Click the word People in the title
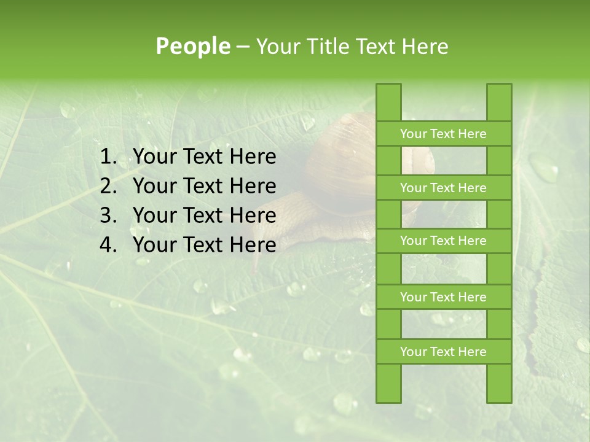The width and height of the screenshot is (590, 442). (x=192, y=46)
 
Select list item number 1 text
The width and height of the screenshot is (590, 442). (x=204, y=157)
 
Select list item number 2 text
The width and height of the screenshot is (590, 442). (x=204, y=186)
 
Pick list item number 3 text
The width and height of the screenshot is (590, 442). (x=204, y=215)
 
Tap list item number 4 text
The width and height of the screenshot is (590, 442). (x=204, y=245)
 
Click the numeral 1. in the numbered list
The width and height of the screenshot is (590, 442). (x=108, y=157)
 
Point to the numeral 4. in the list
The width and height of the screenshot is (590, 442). (x=108, y=245)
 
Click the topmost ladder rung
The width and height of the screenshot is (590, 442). (x=443, y=134)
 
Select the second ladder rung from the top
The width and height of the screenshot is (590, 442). (x=443, y=188)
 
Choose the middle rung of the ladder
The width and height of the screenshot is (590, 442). (x=443, y=241)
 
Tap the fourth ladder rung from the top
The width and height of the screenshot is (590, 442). (x=443, y=297)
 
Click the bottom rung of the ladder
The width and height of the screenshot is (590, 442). (x=443, y=352)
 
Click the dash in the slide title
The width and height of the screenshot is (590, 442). (x=242, y=47)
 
